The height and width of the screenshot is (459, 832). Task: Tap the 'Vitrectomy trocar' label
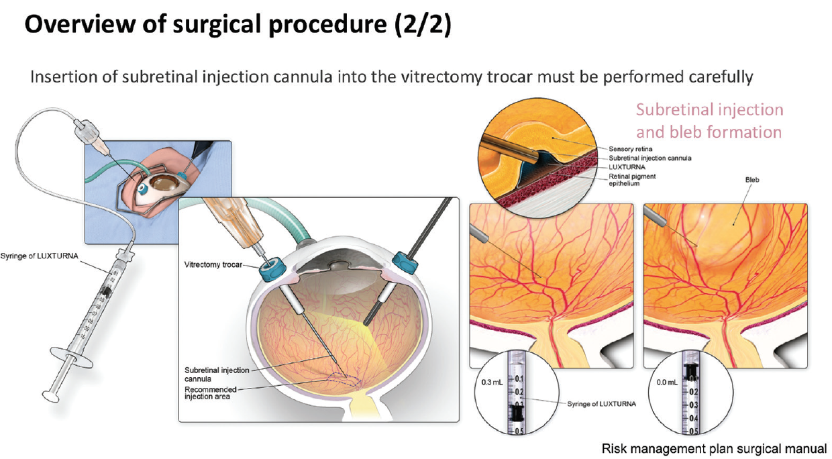214,265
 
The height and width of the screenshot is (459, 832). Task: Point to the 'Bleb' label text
751,181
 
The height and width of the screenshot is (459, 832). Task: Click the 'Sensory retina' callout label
630,149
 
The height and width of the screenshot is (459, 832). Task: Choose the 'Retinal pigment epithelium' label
632,180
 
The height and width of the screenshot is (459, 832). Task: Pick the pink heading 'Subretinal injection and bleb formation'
709,120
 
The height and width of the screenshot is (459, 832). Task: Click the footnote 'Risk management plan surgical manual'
714,448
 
